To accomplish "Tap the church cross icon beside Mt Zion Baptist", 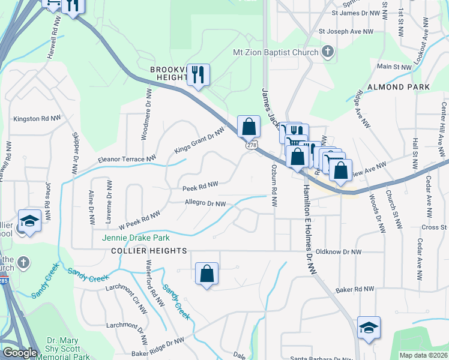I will point(327,52).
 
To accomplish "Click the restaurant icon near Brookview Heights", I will point(198,75).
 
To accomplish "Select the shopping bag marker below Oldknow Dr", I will point(206,274).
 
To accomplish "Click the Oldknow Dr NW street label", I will point(339,252).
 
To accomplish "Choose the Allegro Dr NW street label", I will point(205,204).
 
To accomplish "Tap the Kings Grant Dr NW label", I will point(199,139).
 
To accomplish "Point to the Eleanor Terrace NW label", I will point(122,160).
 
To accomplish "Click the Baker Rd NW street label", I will point(355,289).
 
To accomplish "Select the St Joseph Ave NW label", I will point(346,31).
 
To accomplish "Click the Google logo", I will point(20,353).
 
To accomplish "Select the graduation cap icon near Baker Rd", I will point(369,328).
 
